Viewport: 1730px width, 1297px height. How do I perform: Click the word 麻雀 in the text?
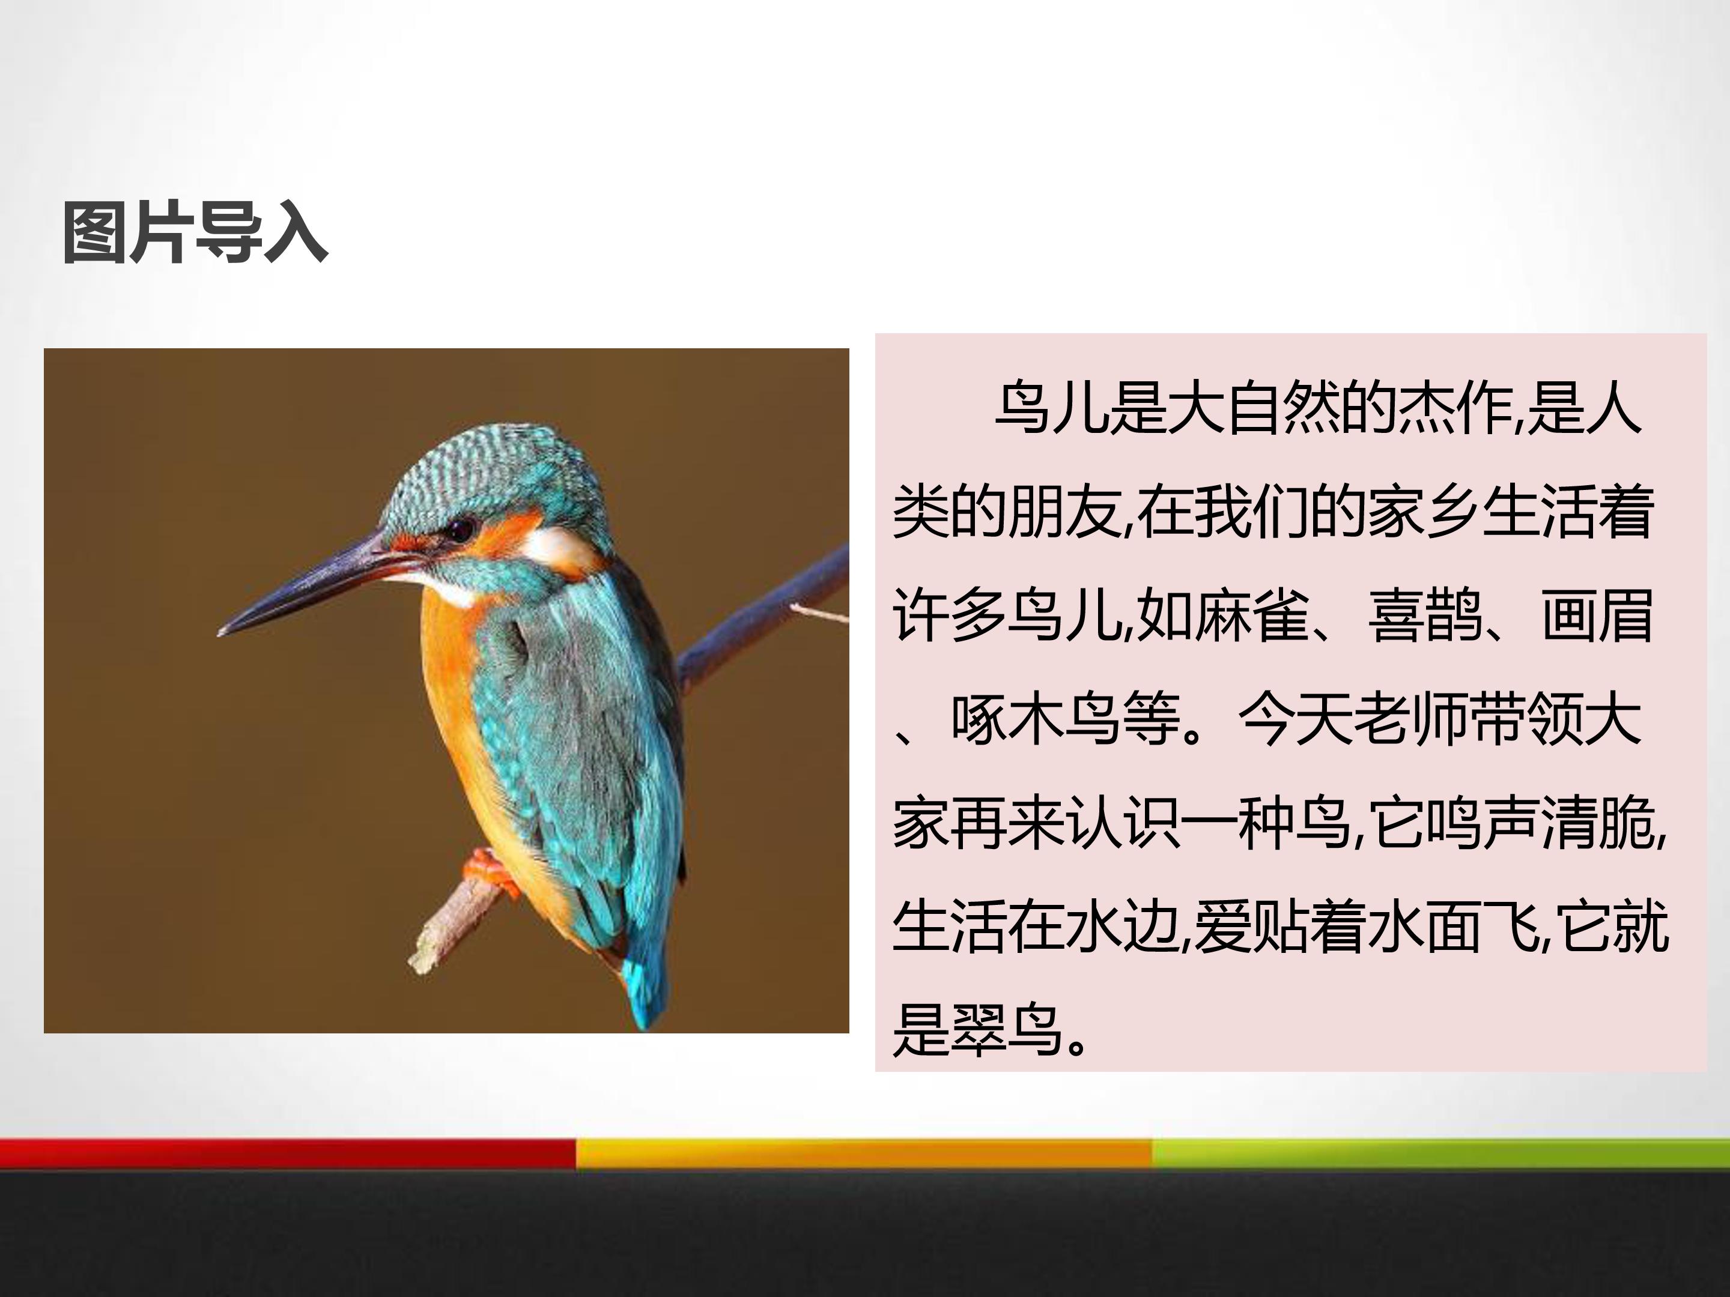point(1251,615)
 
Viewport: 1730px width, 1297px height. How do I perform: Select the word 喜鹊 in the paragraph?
point(1425,615)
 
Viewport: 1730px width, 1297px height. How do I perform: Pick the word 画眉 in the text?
point(1597,615)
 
